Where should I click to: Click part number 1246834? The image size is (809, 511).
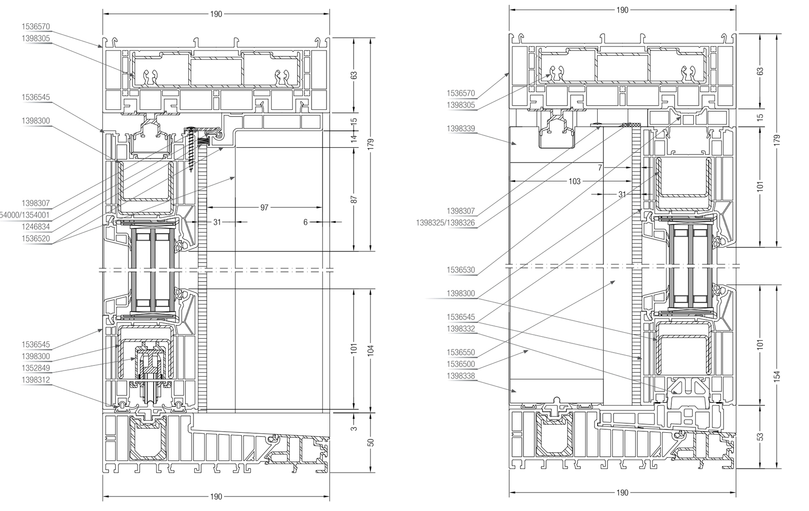click(36, 226)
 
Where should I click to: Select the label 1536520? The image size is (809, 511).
click(36, 238)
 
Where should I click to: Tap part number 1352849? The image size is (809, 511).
click(36, 368)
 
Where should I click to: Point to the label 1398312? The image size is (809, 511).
click(36, 380)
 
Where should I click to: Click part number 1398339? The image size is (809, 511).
click(461, 129)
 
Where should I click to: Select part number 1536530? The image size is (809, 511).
click(461, 270)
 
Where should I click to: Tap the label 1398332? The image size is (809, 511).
click(461, 329)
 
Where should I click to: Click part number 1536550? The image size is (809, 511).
click(461, 353)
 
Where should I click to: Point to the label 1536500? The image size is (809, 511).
click(461, 364)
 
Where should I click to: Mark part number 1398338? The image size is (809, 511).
click(461, 376)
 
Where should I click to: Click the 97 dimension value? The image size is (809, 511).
click(265, 207)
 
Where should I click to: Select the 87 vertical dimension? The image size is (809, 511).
click(354, 199)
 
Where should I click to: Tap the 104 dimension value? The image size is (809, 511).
click(371, 350)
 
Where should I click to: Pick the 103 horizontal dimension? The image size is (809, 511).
click(575, 181)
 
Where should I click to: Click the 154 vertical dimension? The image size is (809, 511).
click(777, 377)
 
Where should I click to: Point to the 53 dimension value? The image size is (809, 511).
click(760, 437)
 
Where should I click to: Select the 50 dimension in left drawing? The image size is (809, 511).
click(371, 442)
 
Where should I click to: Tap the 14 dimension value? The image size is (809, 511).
click(354, 138)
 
